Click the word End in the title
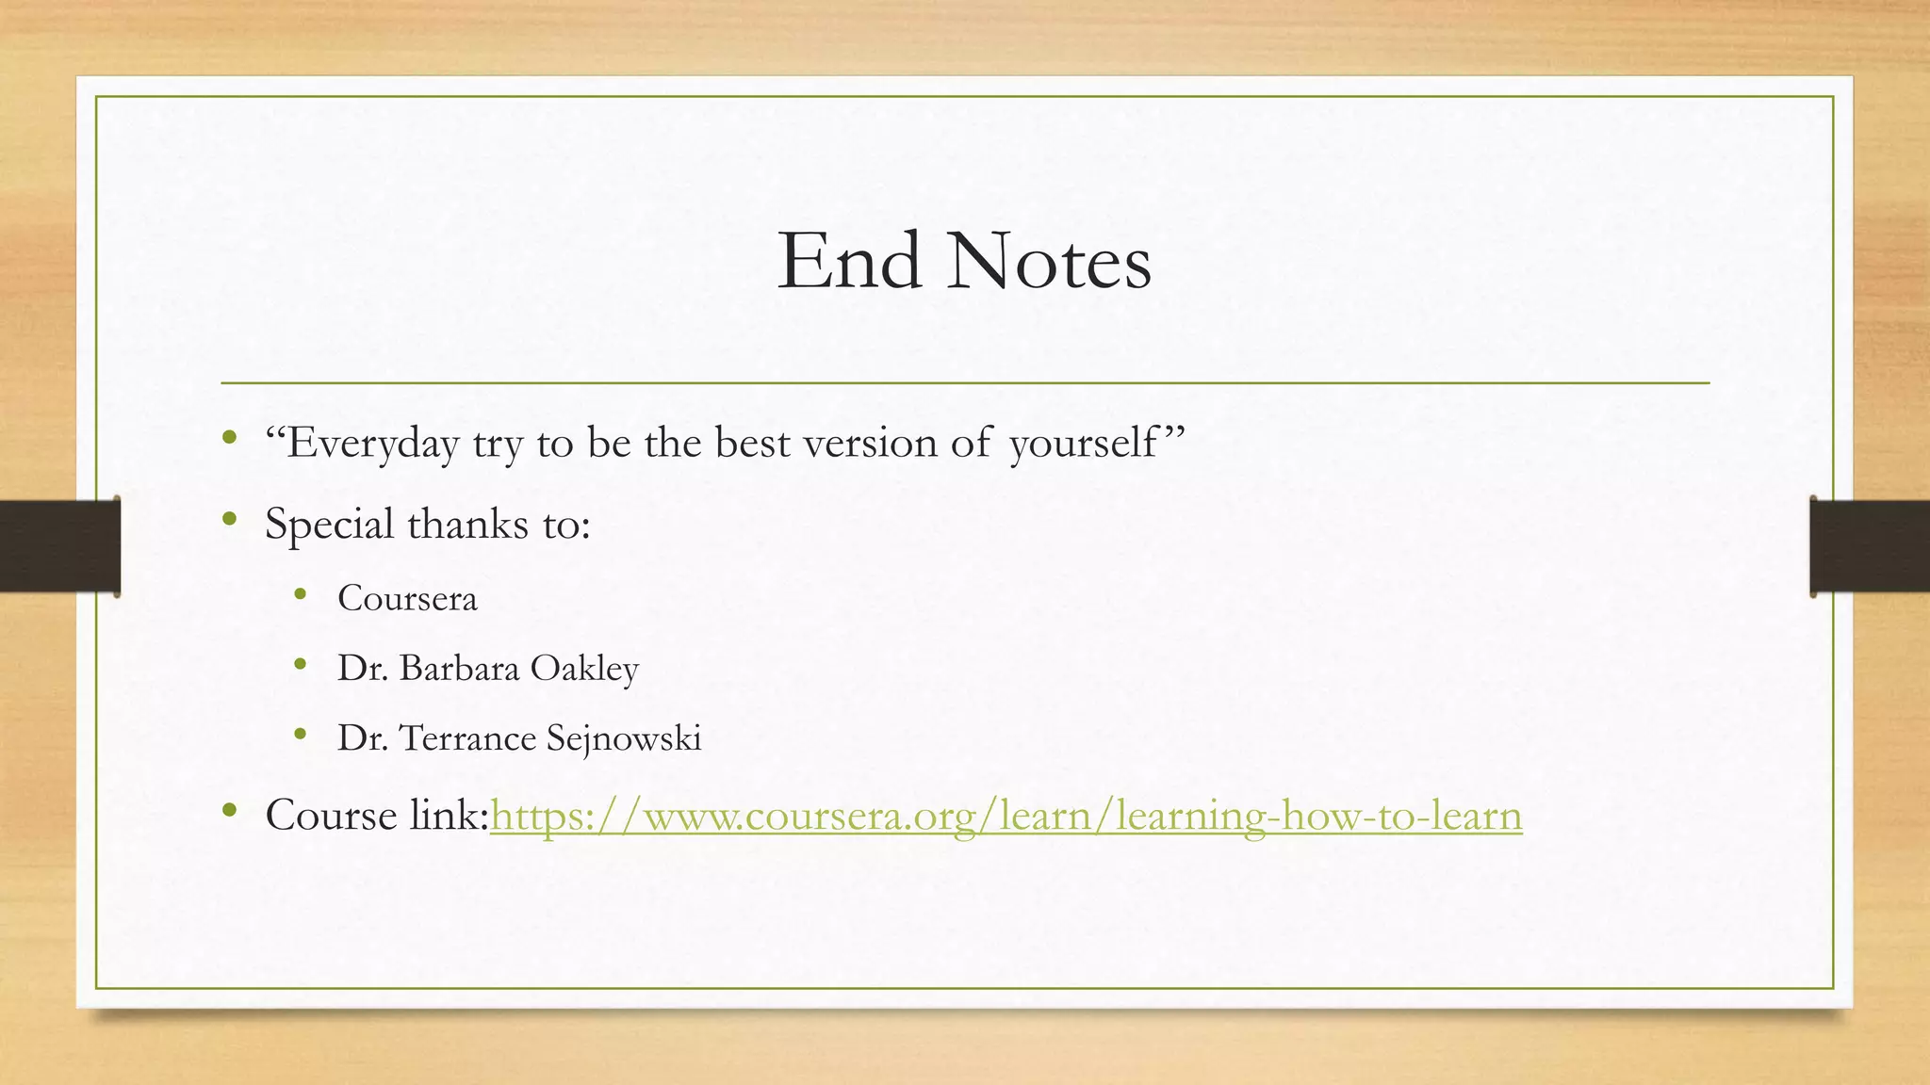tap(848, 262)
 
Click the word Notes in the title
tap(1049, 262)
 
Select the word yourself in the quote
tap(1084, 443)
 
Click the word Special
tap(329, 524)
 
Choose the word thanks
tap(467, 524)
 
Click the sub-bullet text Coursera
tap(407, 598)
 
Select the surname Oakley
tap(584, 668)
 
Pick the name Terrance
tap(467, 737)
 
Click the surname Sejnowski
tap(624, 737)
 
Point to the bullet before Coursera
tap(301, 593)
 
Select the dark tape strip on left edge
tap(59, 545)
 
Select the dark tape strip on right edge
tap(1870, 545)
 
